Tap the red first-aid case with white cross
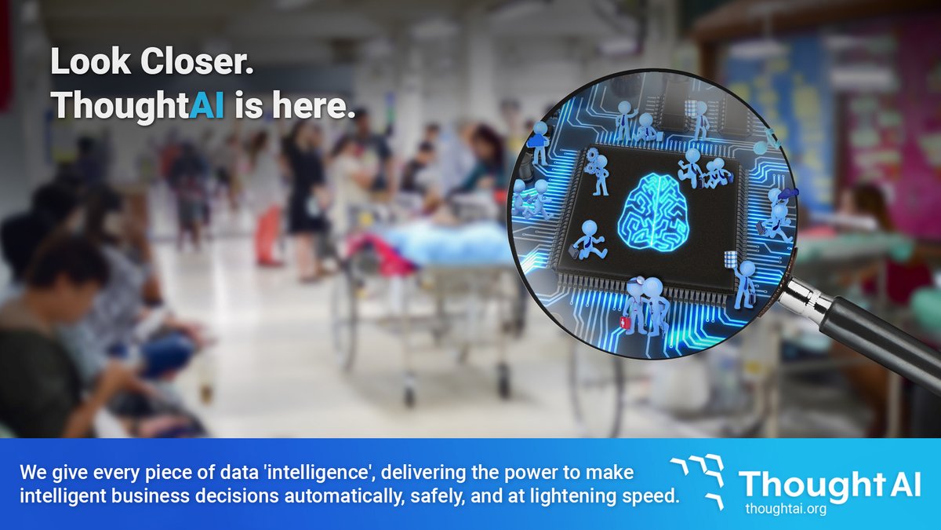point(624,323)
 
